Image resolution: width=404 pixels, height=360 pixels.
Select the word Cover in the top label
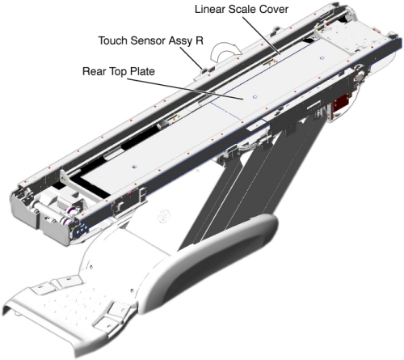(x=274, y=9)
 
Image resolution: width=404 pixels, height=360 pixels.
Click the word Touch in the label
(x=113, y=40)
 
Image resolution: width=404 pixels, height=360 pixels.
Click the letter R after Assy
(x=200, y=40)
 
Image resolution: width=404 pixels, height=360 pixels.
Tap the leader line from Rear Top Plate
(x=185, y=89)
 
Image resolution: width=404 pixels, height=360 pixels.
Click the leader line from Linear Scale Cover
(x=261, y=36)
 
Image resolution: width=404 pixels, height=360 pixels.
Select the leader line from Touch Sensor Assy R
(x=191, y=57)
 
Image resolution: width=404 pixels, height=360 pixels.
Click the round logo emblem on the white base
(x=162, y=217)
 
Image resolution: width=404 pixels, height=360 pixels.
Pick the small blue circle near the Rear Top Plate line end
(x=255, y=97)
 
